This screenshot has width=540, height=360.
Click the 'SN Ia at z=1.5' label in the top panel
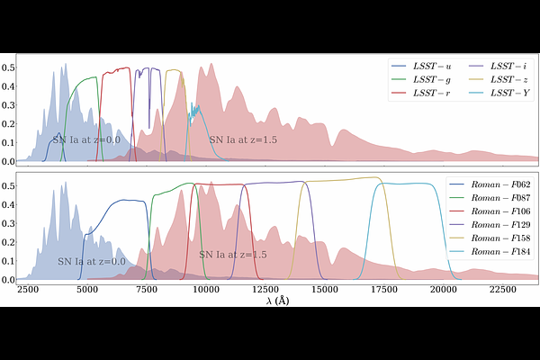(242, 140)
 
